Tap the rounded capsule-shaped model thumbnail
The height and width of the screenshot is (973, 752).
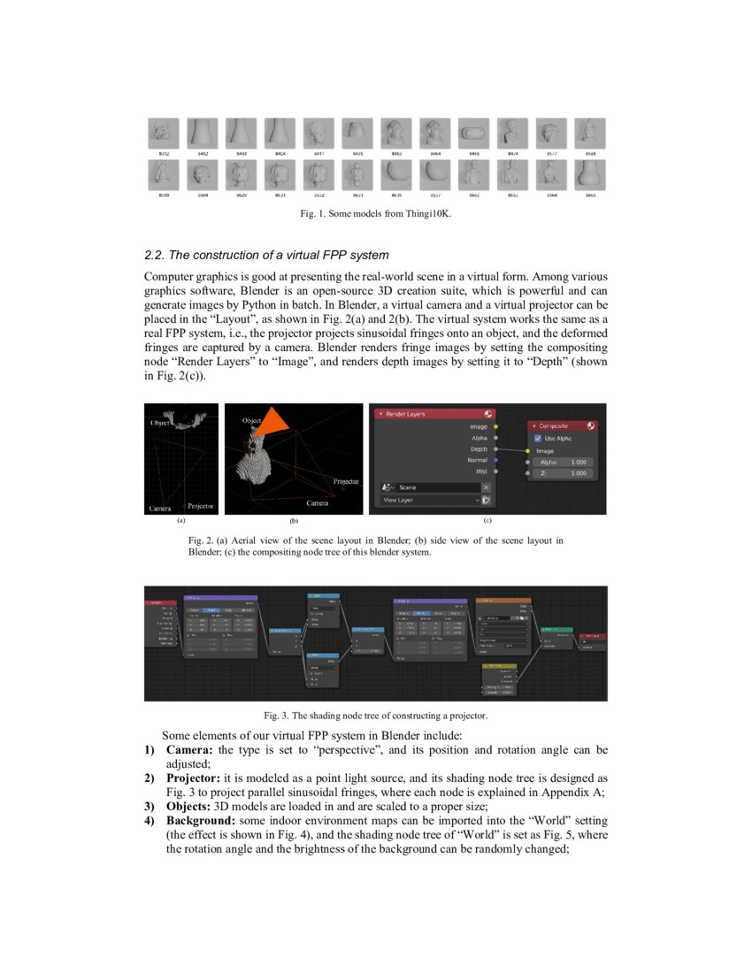tap(473, 134)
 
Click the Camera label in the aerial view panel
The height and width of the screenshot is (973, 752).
tap(159, 508)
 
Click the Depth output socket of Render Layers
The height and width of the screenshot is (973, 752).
tap(495, 449)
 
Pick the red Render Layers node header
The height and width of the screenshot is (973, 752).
tap(434, 413)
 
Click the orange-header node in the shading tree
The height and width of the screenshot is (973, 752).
tap(502, 601)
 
